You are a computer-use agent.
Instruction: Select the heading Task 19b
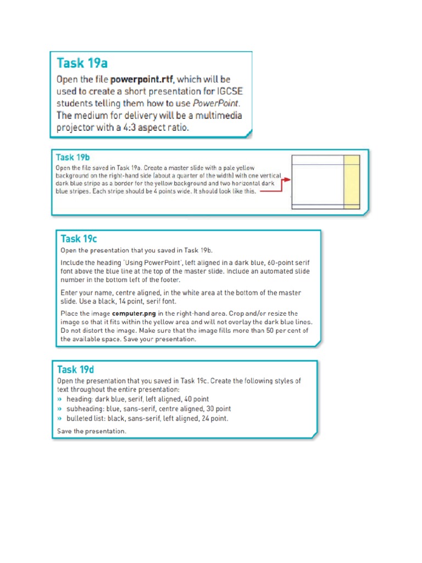[73, 157]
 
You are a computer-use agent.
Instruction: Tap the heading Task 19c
[79, 239]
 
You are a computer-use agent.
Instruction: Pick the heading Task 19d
[76, 369]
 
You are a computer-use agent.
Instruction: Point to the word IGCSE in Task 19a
[227, 91]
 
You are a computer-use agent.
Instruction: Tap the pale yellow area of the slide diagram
[351, 184]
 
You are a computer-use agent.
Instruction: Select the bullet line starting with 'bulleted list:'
[147, 418]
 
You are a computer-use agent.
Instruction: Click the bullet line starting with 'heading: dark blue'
[137, 399]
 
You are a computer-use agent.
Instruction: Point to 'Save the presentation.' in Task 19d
[92, 431]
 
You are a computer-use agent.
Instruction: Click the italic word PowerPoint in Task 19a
[219, 103]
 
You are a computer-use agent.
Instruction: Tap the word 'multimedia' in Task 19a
[220, 115]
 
